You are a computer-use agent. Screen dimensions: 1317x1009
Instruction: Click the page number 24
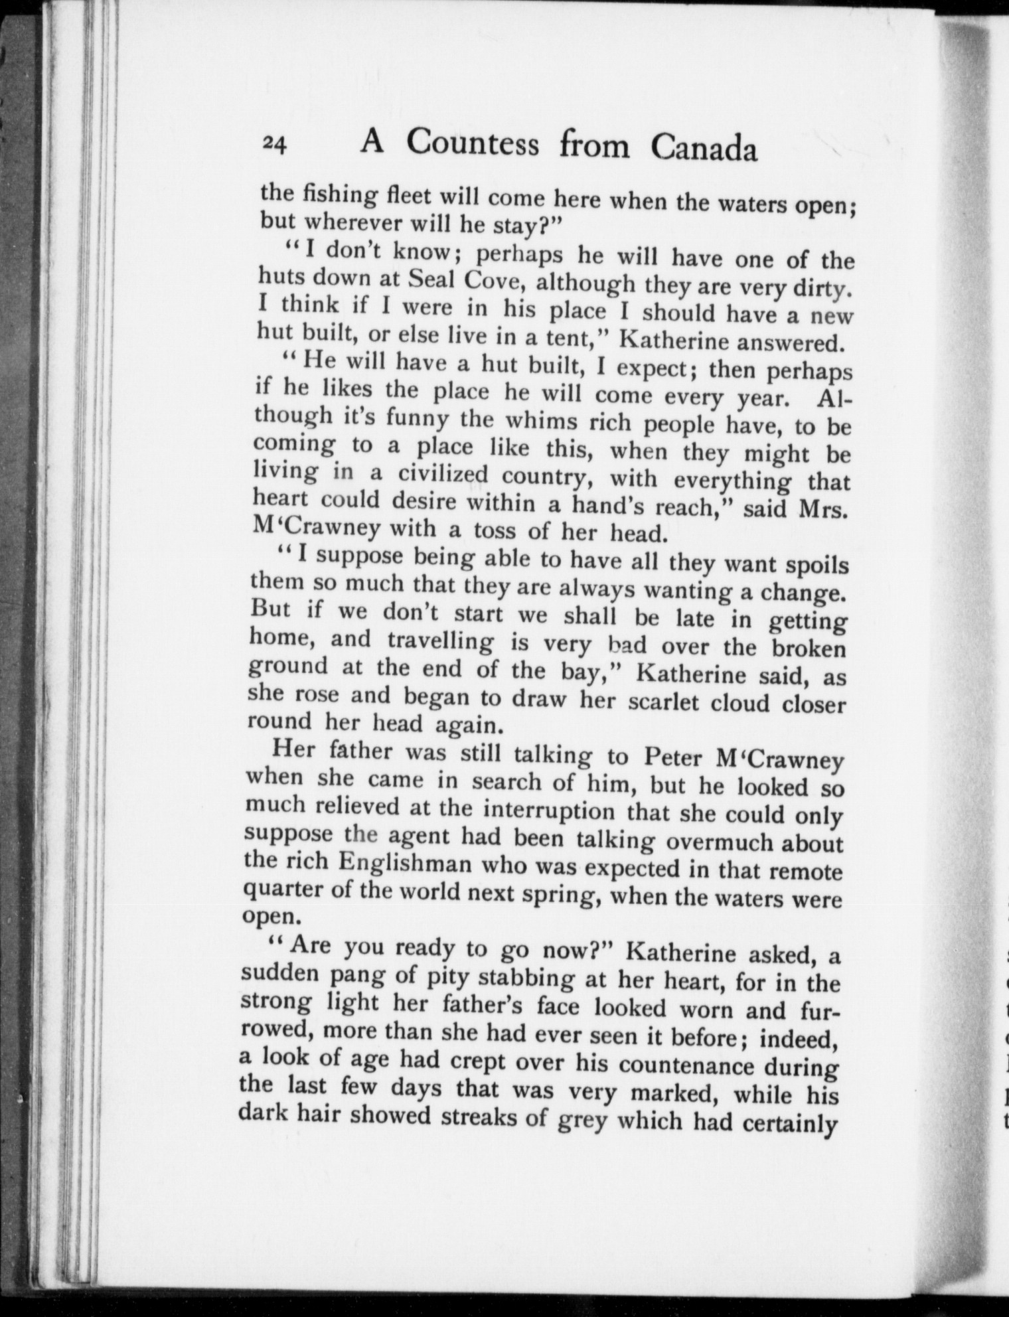(x=273, y=143)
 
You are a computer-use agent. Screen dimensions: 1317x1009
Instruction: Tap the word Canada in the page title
(x=703, y=147)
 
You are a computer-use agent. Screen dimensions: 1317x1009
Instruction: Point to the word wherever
(x=345, y=221)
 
